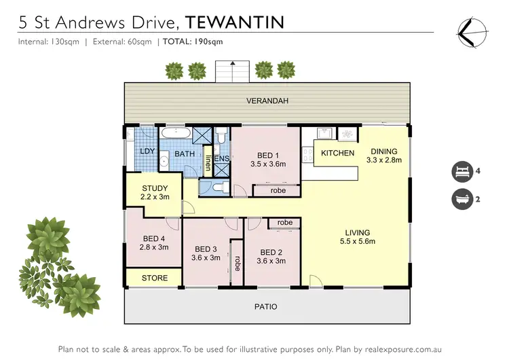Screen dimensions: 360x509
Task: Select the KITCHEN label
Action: click(337, 153)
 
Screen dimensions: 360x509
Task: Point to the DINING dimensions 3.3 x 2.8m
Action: click(383, 160)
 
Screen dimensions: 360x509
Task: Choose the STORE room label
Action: click(154, 278)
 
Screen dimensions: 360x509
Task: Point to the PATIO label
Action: click(266, 306)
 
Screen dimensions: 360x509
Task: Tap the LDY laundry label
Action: click(147, 151)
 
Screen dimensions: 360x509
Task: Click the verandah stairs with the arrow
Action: click(232, 71)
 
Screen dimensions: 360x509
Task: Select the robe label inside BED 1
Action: click(278, 191)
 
